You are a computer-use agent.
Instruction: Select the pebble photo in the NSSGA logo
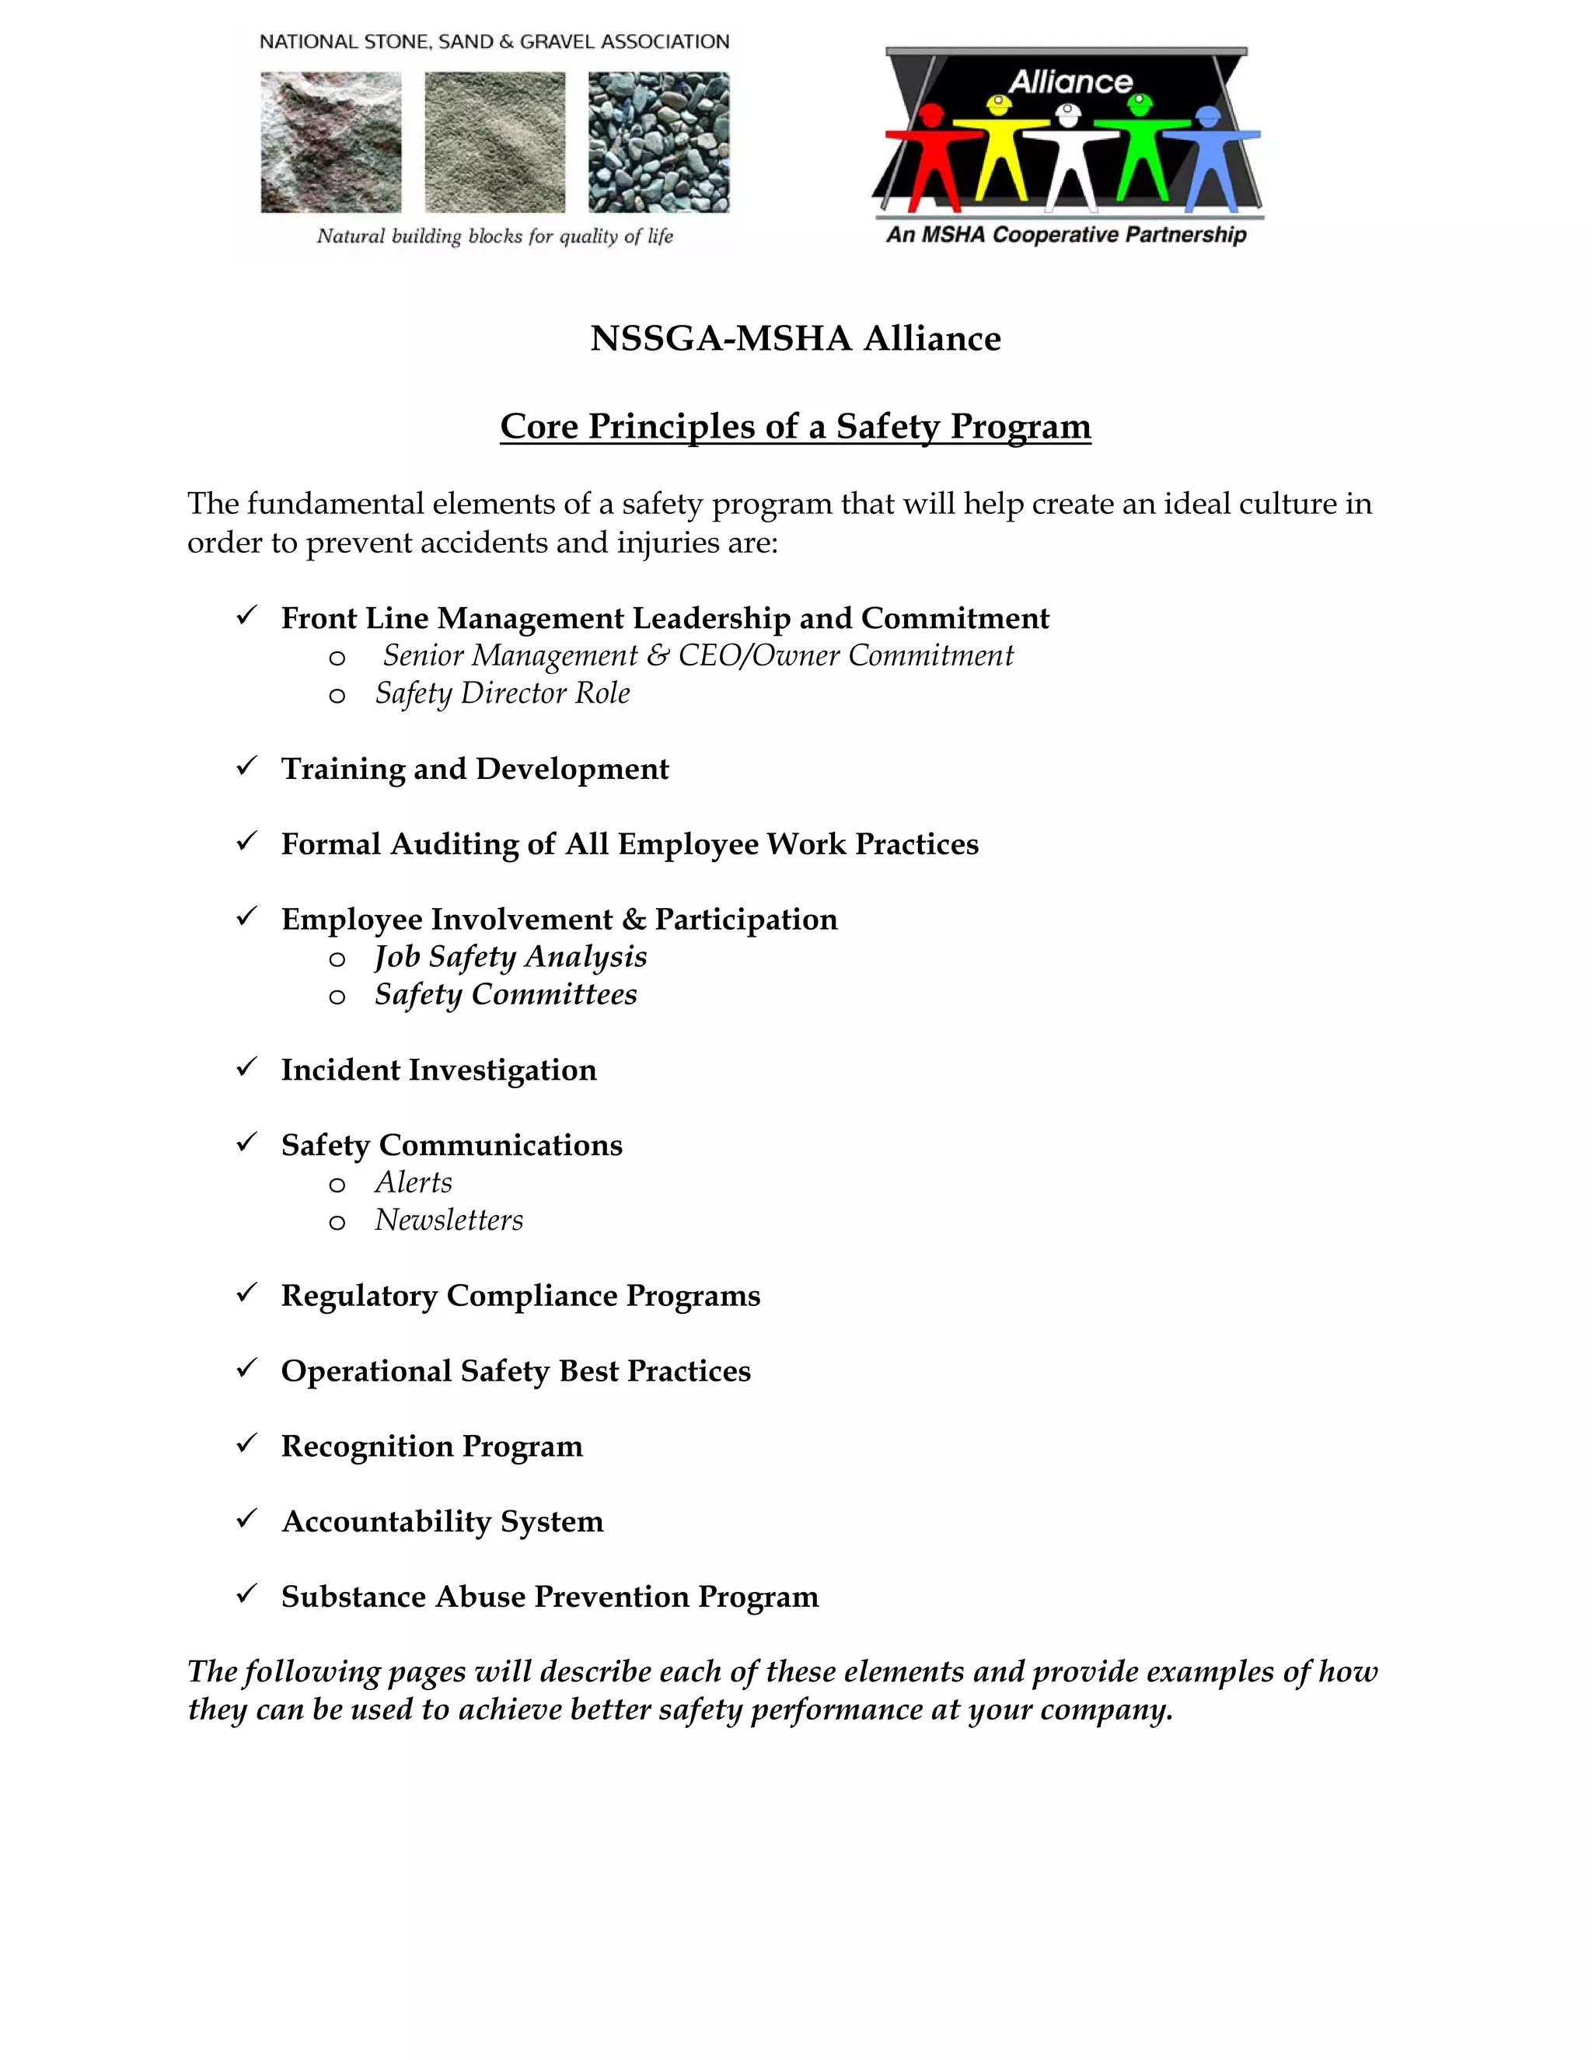click(x=658, y=142)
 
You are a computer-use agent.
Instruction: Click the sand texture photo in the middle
click(x=494, y=142)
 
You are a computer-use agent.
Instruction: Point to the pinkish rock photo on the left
click(x=331, y=142)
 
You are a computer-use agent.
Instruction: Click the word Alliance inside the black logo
click(x=1070, y=83)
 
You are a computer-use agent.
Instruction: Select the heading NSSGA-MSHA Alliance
click(x=795, y=339)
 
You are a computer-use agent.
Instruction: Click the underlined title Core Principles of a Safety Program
click(x=795, y=426)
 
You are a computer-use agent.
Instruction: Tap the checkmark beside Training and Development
click(x=247, y=766)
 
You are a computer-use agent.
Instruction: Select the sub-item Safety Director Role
click(x=501, y=693)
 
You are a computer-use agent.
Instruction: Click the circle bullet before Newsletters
click(x=337, y=1224)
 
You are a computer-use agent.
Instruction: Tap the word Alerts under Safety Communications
click(x=413, y=1183)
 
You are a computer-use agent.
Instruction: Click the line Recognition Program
click(x=432, y=1446)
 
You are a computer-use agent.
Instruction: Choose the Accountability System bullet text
click(x=442, y=1521)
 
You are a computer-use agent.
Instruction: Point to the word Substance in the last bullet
click(x=354, y=1597)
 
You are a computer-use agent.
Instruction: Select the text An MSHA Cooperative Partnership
click(x=1066, y=235)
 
